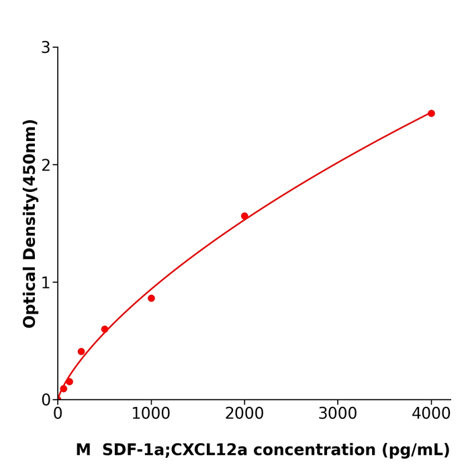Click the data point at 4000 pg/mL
431,113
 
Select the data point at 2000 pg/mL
244,216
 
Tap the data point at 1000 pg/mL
151,298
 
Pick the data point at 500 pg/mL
105,329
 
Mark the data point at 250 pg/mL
81,351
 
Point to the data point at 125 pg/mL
69,381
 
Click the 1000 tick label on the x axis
151,414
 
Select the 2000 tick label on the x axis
244,414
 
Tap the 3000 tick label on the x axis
338,414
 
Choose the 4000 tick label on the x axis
431,414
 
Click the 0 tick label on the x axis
58,414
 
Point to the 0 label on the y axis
46,400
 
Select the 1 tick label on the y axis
46,283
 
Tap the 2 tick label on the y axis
46,165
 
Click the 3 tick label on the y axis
46,48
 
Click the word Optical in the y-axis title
30,296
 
